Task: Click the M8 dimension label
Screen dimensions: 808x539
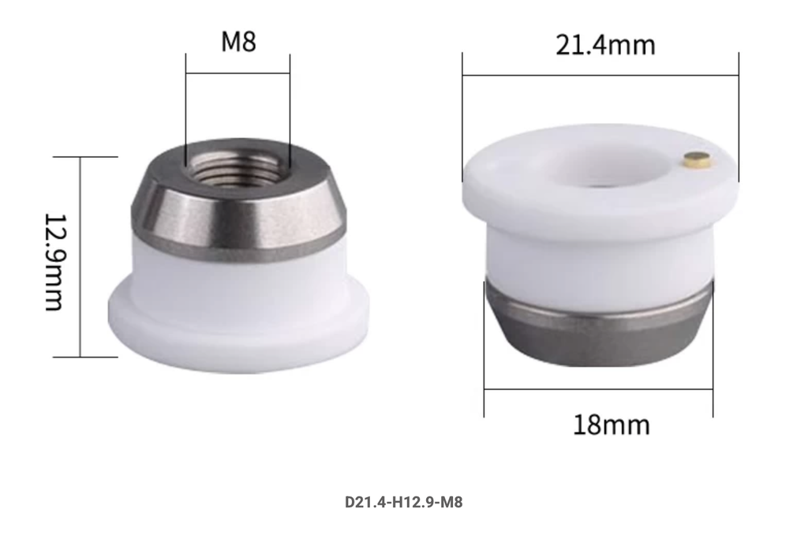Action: pyautogui.click(x=238, y=42)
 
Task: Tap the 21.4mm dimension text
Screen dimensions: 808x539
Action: pyautogui.click(x=605, y=45)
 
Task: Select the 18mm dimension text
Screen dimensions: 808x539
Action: pyautogui.click(x=612, y=425)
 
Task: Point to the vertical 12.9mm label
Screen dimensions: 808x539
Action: pyautogui.click(x=54, y=262)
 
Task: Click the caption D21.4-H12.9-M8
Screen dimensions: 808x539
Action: pyautogui.click(x=403, y=502)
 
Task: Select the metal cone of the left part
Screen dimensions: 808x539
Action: pyautogui.click(x=238, y=206)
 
